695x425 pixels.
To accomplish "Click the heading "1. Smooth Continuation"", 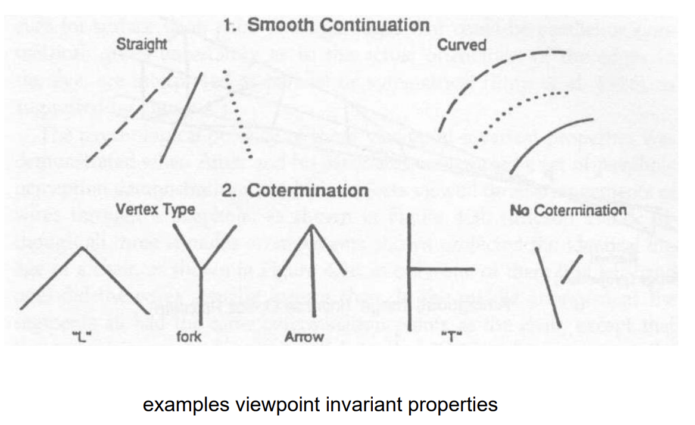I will click(326, 25).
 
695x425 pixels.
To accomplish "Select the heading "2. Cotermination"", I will click(295, 191).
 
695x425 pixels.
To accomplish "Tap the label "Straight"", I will click(142, 45).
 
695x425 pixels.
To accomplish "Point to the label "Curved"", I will click(462, 45).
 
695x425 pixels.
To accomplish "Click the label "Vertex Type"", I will click(155, 210).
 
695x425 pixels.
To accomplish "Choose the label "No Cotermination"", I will click(568, 210).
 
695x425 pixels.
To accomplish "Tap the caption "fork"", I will click(189, 337).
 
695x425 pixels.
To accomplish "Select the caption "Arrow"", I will click(304, 337).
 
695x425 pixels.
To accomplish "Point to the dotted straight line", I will click(238, 114).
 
